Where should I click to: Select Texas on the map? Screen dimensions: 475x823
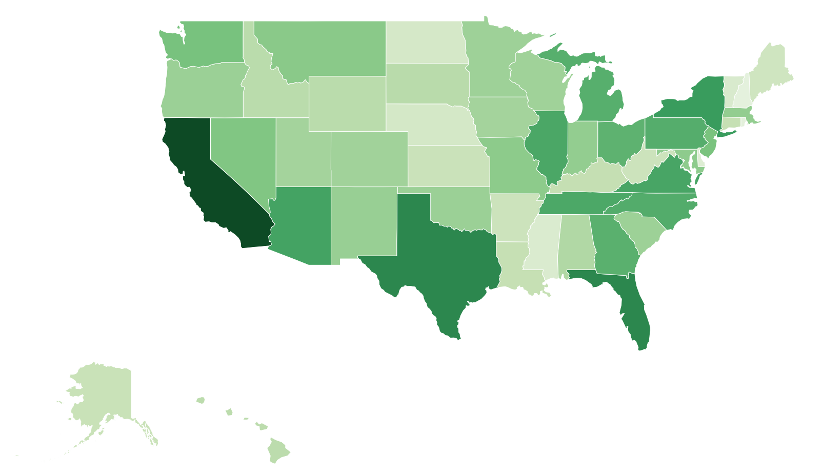pyautogui.click(x=441, y=256)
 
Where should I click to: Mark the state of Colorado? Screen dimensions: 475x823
pyautogui.click(x=369, y=159)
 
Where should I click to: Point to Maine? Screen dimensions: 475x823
pyautogui.click(x=769, y=72)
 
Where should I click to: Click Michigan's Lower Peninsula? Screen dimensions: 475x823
pyautogui.click(x=600, y=97)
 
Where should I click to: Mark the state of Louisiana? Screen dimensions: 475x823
pyautogui.click(x=513, y=261)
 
